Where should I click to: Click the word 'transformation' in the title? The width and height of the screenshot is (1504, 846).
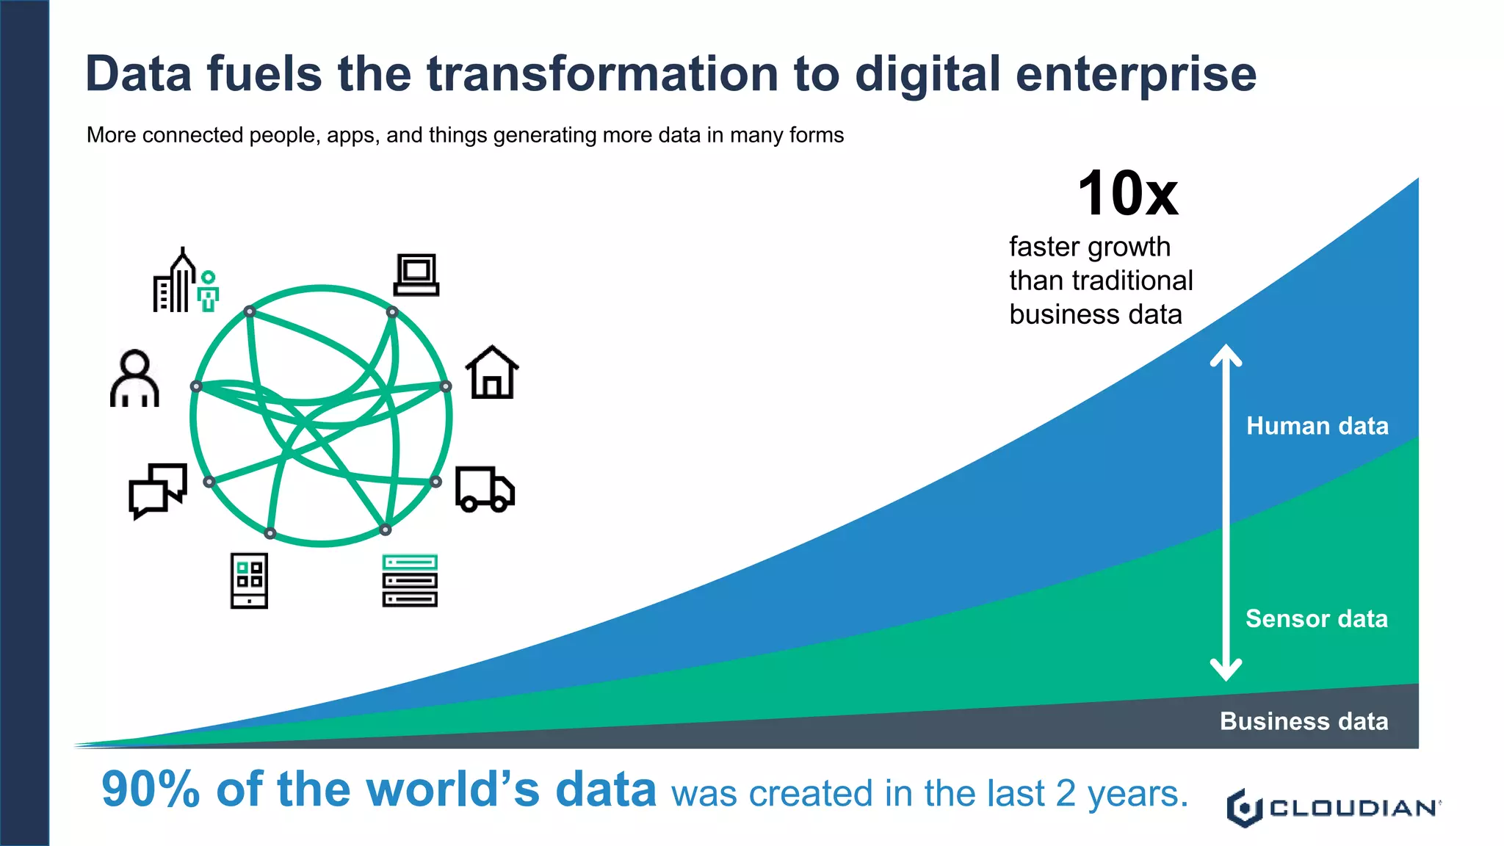tap(602, 74)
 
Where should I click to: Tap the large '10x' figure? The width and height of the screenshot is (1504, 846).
tap(1127, 194)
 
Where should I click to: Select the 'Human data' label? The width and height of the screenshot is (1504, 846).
tap(1317, 426)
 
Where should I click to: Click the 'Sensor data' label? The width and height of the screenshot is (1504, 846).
tap(1316, 618)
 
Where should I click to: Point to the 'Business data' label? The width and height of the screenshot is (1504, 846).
tap(1304, 721)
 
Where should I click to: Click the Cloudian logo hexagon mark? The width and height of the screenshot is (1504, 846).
tap(1244, 808)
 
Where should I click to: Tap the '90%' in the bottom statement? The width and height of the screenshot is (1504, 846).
tap(151, 789)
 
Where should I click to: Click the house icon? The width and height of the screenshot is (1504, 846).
tap(492, 372)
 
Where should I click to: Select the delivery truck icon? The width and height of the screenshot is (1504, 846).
tap(485, 488)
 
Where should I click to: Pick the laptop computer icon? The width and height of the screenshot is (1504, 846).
tap(416, 275)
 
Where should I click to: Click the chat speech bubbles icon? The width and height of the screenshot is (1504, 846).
tap(158, 490)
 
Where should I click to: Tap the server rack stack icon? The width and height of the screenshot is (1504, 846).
tap(410, 580)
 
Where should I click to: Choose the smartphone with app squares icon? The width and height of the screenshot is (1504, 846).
tap(249, 580)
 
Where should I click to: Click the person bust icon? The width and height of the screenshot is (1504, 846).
tap(134, 378)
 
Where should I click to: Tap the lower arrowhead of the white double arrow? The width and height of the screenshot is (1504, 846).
tap(1226, 670)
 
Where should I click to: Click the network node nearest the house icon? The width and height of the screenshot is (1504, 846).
tap(446, 386)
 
